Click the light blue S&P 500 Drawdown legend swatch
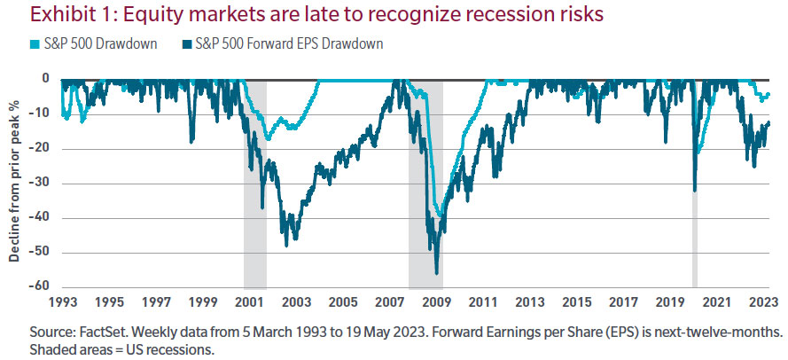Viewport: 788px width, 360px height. (12, 44)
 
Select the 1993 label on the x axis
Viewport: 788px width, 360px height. (61, 302)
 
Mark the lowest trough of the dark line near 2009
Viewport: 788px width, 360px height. (437, 272)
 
